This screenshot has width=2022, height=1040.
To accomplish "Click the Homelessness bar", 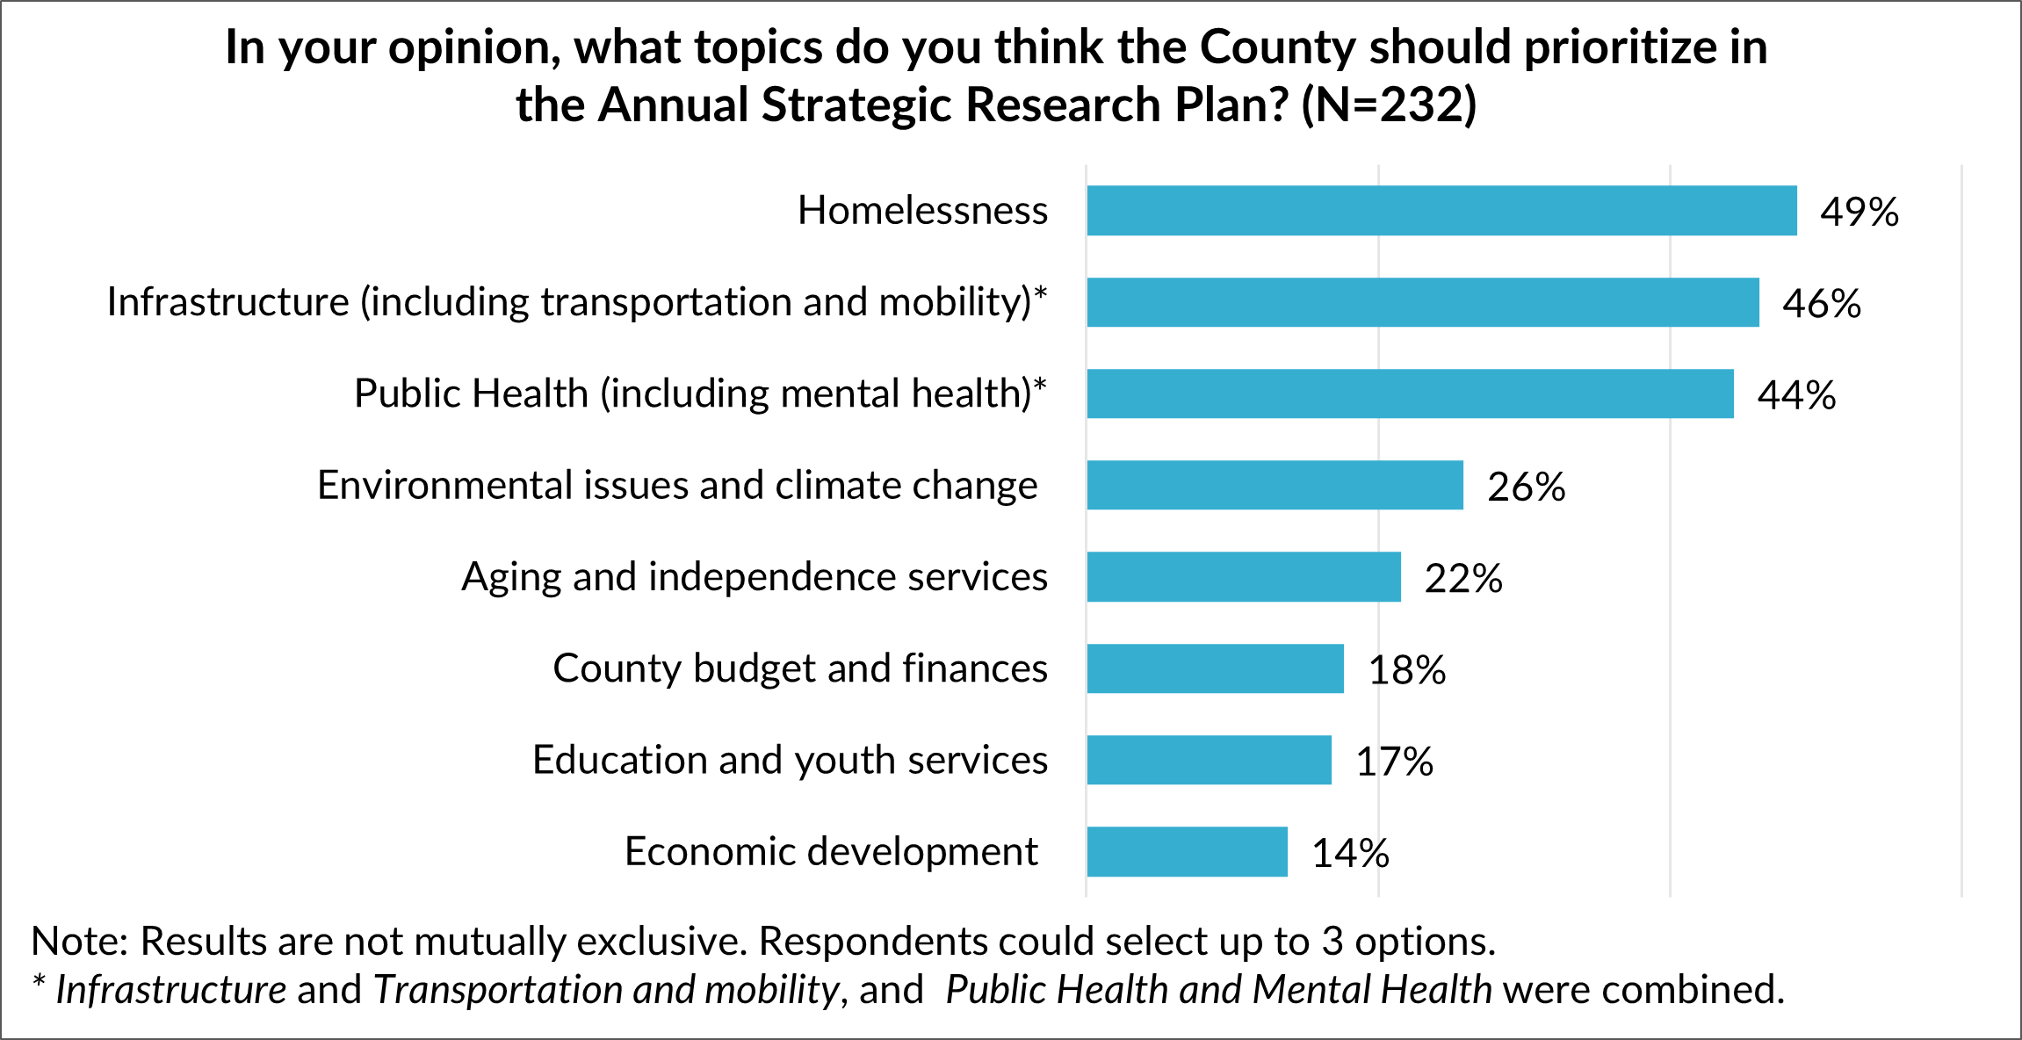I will click(1441, 211).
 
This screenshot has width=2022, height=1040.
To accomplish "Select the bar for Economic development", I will click(1187, 851).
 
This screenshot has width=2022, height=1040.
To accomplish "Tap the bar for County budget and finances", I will click(1215, 668).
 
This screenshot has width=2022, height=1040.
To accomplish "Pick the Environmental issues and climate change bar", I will click(1275, 485).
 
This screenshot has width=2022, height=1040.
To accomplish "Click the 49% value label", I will click(1859, 212).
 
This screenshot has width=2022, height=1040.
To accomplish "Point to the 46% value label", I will click(1821, 304).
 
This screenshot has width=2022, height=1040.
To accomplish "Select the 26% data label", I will click(1526, 487).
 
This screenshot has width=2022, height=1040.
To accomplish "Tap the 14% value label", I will click(1350, 853).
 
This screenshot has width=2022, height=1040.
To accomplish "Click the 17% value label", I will click(1394, 762).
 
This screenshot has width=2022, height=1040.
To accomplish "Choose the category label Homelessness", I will click(922, 211).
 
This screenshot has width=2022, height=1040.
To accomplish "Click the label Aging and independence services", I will click(755, 577).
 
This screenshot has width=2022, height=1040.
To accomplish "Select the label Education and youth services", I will click(790, 760).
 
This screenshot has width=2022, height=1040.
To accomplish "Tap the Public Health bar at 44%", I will click(1410, 394).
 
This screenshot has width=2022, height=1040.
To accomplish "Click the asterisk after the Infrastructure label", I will click(1040, 293).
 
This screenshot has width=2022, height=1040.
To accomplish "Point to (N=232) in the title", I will click(1388, 105).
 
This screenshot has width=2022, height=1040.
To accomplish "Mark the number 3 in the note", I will click(1332, 942).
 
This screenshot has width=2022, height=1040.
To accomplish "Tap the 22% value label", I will click(1463, 579).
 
